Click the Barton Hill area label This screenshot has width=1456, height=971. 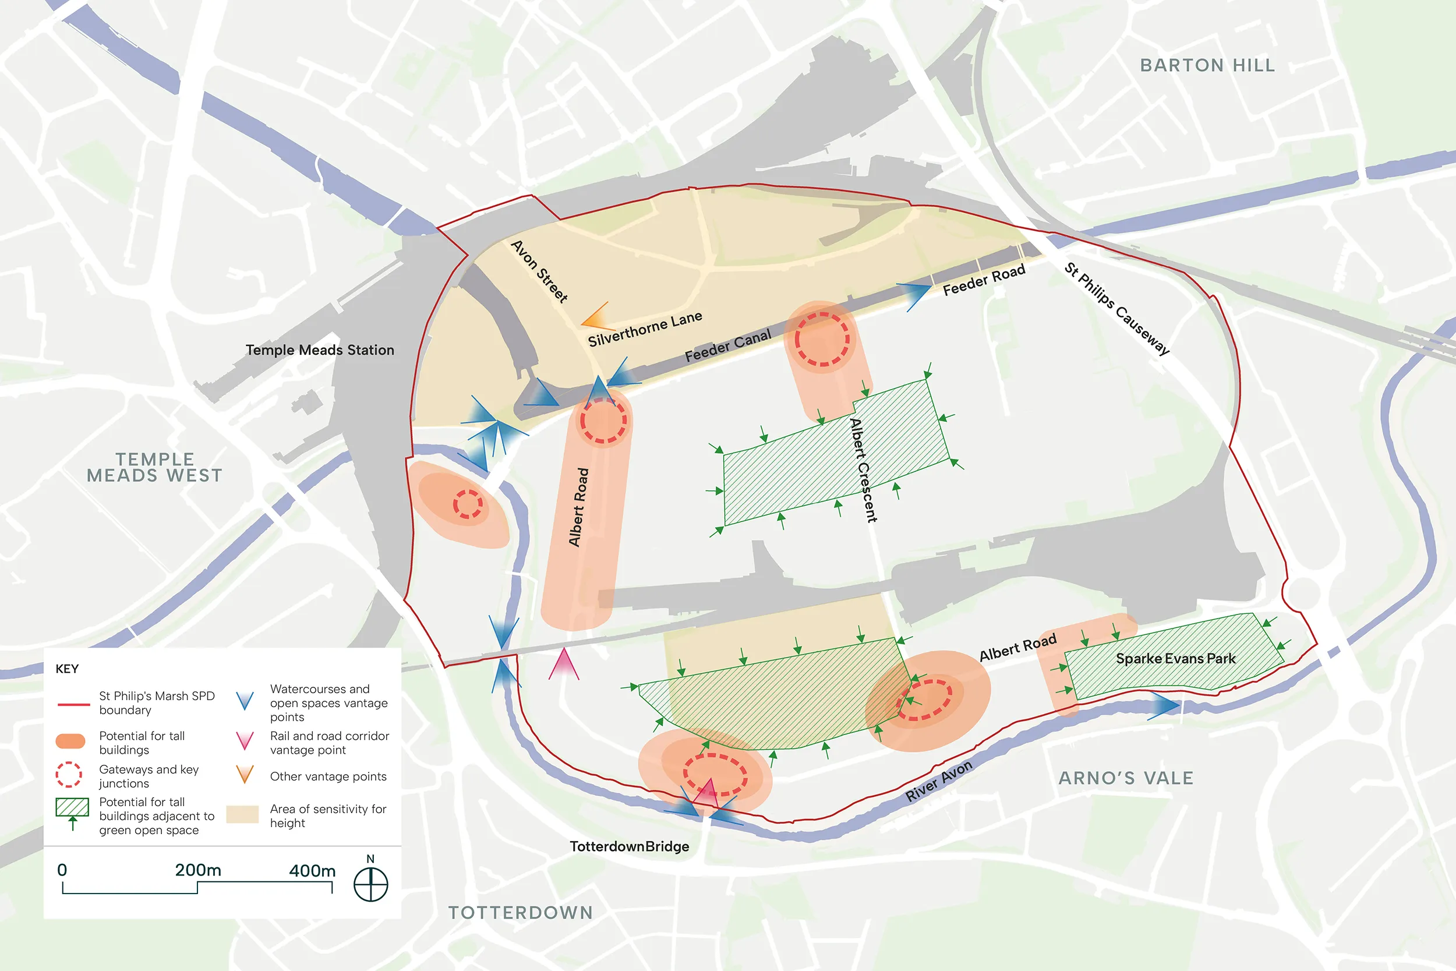pyautogui.click(x=1207, y=65)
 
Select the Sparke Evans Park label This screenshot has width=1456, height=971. pyautogui.click(x=1175, y=658)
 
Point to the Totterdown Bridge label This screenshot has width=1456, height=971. pyautogui.click(x=629, y=846)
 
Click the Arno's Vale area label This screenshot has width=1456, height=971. pyautogui.click(x=1125, y=778)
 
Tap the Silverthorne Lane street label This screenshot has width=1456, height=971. pyautogui.click(x=645, y=329)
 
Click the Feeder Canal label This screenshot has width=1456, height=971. pyautogui.click(x=727, y=345)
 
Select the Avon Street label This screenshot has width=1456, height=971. pyautogui.click(x=539, y=271)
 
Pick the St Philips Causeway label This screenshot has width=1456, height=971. pyautogui.click(x=1117, y=308)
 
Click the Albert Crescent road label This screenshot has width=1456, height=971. pyautogui.click(x=863, y=470)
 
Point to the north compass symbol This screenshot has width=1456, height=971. pyautogui.click(x=370, y=883)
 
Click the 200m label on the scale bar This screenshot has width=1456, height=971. pyautogui.click(x=197, y=870)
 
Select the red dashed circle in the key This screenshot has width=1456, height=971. pyautogui.click(x=69, y=774)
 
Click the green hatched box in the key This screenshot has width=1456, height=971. pyautogui.click(x=72, y=807)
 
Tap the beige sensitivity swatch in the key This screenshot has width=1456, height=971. pyautogui.click(x=242, y=814)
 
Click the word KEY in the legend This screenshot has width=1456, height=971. pyautogui.click(x=67, y=669)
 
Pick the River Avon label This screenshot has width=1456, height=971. pyautogui.click(x=938, y=781)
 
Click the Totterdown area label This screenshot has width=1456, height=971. pyautogui.click(x=521, y=912)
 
